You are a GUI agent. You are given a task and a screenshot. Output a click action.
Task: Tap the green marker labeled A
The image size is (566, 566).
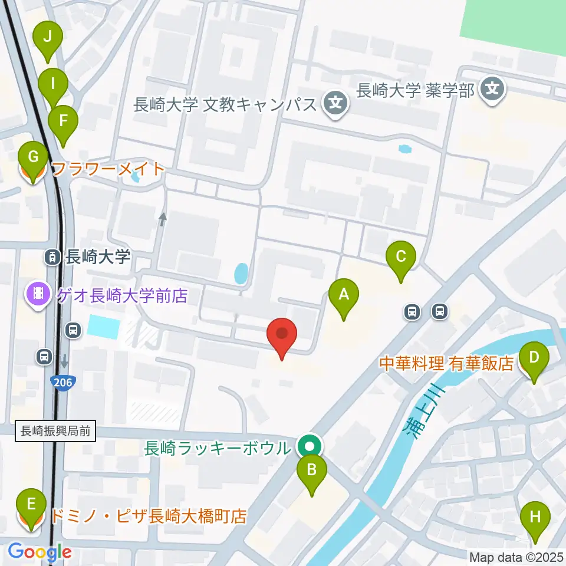click(344, 295)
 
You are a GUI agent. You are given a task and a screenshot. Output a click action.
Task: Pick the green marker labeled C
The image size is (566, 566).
click(401, 258)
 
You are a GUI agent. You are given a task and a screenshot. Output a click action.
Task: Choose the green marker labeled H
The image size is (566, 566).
click(535, 518)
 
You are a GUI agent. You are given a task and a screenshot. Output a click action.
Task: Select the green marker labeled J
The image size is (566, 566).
click(48, 38)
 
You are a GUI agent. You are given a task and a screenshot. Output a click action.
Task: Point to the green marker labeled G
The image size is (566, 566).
click(33, 159)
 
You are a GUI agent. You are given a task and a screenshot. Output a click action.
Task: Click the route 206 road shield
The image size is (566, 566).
click(62, 382)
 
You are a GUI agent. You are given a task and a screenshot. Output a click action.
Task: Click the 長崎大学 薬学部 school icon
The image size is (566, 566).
click(491, 90)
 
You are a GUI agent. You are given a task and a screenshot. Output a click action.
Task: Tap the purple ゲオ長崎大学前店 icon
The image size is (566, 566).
click(39, 294)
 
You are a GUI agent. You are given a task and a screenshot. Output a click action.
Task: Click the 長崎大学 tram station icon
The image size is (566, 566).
click(52, 256)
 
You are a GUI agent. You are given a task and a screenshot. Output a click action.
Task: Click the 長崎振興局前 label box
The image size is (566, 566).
click(55, 432)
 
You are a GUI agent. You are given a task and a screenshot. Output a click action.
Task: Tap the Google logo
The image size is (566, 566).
click(40, 552)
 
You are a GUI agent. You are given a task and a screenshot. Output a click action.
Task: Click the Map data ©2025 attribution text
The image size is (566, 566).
click(516, 557)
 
